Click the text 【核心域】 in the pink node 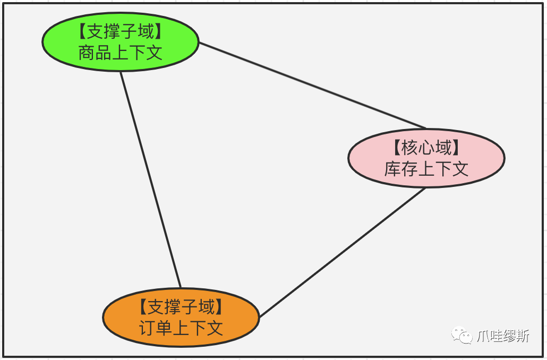[426, 148]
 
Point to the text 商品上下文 [120, 53]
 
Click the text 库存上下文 [426, 169]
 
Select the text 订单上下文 [181, 328]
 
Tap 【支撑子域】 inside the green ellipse [120, 31]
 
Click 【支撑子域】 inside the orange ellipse [181, 307]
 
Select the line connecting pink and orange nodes [343, 252]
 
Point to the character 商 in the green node [87, 53]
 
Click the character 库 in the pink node [394, 169]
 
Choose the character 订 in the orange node [148, 328]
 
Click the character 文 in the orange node [214, 328]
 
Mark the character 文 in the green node [154, 53]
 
